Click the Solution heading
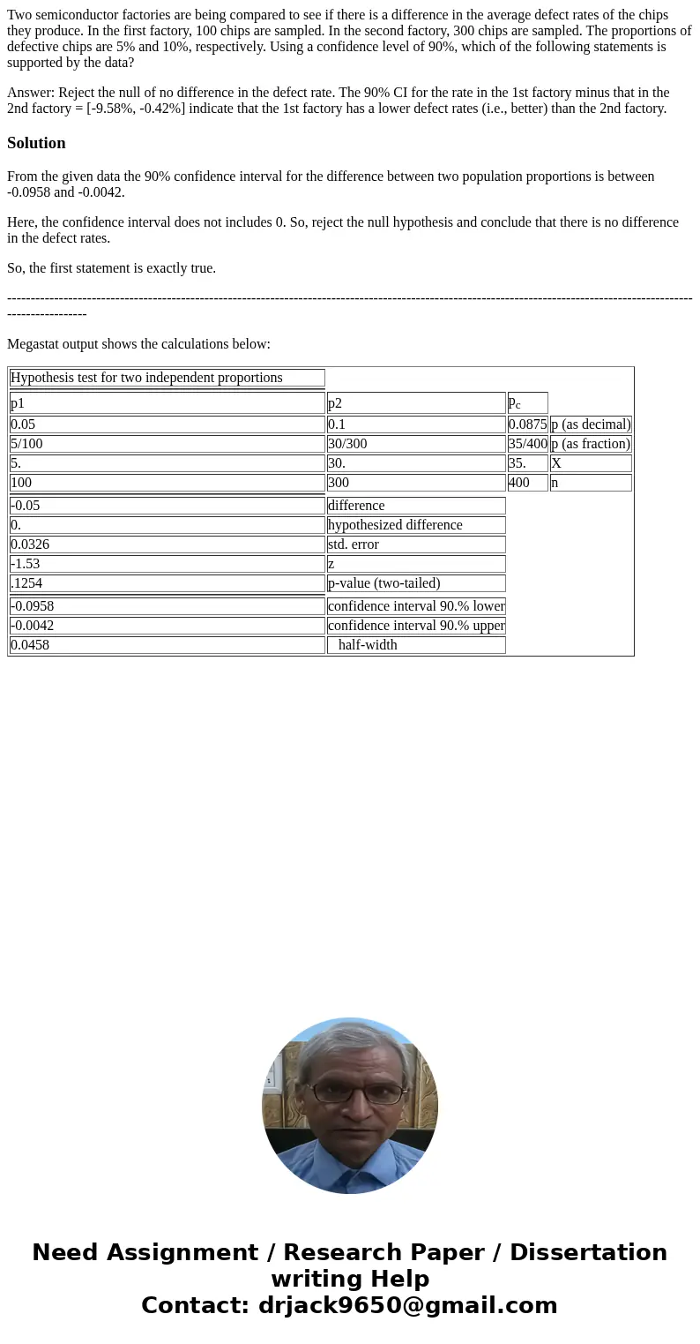click(36, 143)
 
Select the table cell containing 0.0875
click(527, 424)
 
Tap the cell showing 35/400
click(527, 444)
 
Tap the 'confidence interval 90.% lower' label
click(416, 606)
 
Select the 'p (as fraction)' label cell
click(591, 444)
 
